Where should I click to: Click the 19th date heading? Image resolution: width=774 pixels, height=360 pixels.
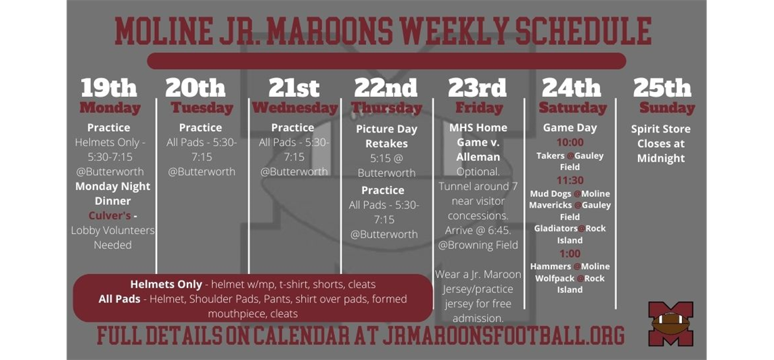(x=109, y=88)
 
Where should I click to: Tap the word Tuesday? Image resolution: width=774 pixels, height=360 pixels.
(x=202, y=108)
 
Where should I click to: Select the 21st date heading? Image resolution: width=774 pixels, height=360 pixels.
(x=294, y=88)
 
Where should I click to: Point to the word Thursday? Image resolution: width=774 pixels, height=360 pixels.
(x=386, y=108)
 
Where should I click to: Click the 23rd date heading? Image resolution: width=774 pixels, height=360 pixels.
(x=478, y=88)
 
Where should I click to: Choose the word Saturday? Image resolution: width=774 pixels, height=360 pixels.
(x=572, y=108)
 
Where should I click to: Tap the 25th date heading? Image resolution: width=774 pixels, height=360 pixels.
(x=662, y=88)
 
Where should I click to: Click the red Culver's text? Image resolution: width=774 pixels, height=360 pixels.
(x=110, y=216)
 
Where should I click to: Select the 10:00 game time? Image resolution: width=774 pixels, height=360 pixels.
(x=570, y=143)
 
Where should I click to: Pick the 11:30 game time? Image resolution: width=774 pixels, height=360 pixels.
(x=570, y=181)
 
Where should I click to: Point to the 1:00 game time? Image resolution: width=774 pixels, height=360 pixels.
(x=570, y=254)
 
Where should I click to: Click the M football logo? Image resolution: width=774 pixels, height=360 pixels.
(x=671, y=323)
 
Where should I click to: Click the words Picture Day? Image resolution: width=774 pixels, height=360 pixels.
(x=386, y=129)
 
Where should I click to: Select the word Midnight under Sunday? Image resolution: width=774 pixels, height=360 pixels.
(x=661, y=158)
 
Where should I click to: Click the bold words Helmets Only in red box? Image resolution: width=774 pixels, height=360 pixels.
(x=166, y=284)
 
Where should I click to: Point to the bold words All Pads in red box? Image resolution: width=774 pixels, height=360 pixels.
(x=120, y=299)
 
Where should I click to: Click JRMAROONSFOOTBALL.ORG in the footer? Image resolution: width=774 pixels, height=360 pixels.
(x=503, y=336)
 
